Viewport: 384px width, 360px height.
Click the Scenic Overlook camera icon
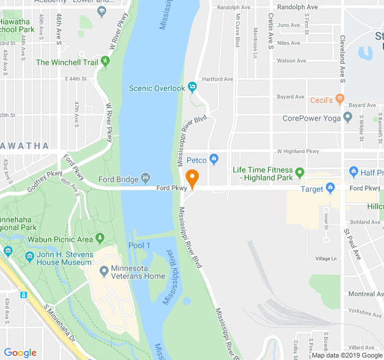coord(192,88)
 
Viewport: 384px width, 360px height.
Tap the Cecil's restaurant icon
coord(340,99)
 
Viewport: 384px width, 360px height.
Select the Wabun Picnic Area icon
coord(100,239)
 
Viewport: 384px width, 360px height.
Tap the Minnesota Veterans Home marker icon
coord(104,272)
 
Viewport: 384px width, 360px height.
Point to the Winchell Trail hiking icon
coord(106,61)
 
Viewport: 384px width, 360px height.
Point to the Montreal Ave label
coord(365,294)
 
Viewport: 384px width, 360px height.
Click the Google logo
coord(20,353)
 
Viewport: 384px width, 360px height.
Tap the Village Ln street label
coord(326,259)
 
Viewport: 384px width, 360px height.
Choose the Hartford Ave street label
coord(218,79)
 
